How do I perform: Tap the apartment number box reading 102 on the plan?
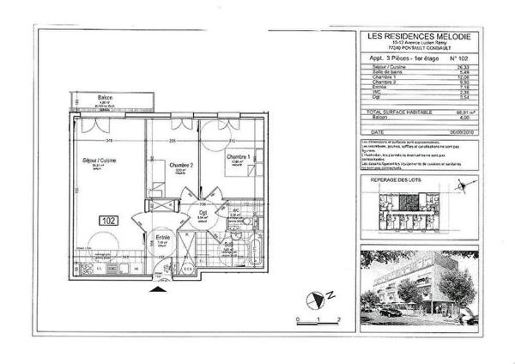109,220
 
